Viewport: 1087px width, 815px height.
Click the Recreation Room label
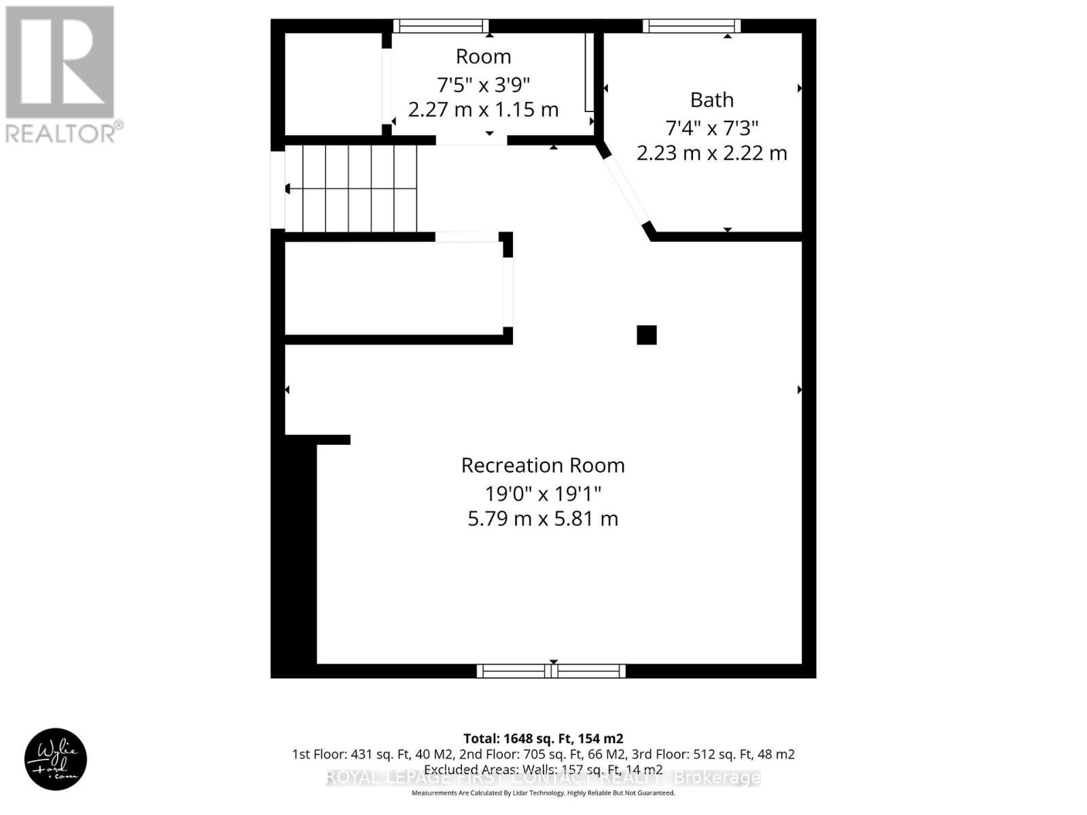(543, 465)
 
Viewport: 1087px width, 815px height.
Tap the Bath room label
(711, 100)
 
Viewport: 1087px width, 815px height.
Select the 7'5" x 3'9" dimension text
(483, 84)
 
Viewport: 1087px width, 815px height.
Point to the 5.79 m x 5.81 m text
(543, 519)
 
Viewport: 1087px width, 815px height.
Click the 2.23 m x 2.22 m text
(711, 153)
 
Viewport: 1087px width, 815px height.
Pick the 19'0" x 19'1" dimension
(543, 492)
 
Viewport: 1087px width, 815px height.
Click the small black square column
(646, 335)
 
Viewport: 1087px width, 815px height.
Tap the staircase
(350, 188)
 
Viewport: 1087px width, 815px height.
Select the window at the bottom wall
(551, 671)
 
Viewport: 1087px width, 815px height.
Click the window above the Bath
(692, 26)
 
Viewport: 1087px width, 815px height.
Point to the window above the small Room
(440, 26)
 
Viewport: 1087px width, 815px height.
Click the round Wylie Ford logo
(56, 759)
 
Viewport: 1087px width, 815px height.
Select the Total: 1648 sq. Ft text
(543, 738)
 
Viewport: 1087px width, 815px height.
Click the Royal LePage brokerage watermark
(543, 778)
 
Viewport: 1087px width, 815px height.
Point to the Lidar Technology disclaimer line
(543, 793)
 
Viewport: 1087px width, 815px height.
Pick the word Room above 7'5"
(483, 56)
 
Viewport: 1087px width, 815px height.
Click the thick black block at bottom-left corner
(293, 557)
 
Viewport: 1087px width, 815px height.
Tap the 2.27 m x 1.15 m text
(483, 109)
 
